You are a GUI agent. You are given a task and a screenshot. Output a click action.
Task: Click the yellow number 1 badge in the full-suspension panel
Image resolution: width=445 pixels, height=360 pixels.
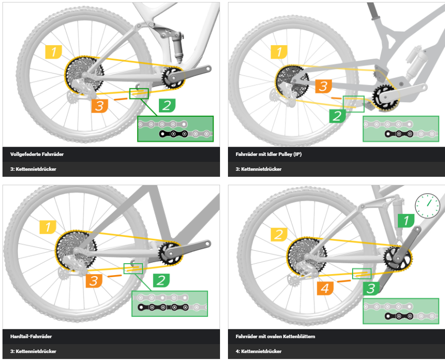click(x=53, y=52)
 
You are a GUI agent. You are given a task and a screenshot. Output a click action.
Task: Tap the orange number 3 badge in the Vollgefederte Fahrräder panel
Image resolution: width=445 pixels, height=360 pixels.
click(x=99, y=106)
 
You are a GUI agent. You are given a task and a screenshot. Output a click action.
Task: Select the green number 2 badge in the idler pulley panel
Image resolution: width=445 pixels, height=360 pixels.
click(x=337, y=116)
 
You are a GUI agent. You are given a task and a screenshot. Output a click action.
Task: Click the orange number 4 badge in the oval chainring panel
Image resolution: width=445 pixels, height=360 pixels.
click(x=325, y=288)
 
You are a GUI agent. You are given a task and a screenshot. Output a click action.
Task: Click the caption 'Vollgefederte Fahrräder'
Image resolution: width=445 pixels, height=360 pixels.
click(x=37, y=154)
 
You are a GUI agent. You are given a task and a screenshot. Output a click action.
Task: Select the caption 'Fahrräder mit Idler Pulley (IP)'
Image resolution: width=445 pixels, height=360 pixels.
click(x=269, y=154)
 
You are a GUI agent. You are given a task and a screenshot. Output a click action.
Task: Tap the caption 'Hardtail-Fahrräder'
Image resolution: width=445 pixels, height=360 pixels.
click(x=31, y=337)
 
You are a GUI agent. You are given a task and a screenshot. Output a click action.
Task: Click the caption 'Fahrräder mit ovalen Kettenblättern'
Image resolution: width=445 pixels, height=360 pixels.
click(x=275, y=337)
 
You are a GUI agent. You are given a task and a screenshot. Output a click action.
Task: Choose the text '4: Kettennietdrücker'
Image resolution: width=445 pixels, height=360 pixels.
click(x=259, y=351)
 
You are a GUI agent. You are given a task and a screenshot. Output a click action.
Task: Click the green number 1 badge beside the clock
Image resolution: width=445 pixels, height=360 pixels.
click(x=406, y=220)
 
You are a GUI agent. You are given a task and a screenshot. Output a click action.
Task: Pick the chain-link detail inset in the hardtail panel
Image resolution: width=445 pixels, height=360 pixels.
click(x=170, y=303)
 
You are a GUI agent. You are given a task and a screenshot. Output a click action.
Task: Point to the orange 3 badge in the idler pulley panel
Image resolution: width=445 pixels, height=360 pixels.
click(x=323, y=86)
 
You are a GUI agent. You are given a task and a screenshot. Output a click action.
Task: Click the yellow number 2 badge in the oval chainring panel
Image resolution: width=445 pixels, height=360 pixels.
click(x=279, y=234)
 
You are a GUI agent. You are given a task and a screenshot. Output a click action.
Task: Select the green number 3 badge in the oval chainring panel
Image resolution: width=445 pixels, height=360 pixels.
click(x=371, y=288)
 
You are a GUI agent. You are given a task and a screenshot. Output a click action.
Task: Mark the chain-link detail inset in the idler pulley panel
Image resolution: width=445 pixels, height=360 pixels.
click(x=401, y=129)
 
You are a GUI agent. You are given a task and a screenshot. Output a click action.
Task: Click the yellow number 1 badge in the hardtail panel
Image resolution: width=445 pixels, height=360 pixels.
click(x=48, y=227)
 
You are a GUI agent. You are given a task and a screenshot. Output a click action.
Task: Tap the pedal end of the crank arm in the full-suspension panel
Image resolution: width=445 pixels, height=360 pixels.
click(x=208, y=69)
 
